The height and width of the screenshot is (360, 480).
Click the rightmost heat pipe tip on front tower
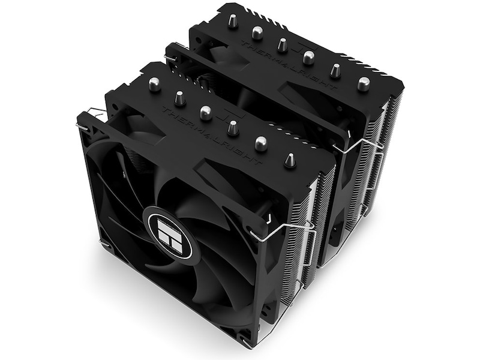point(289,160)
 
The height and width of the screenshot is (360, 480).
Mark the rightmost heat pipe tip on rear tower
point(363,83)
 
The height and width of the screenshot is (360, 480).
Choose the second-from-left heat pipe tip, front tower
point(179,97)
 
